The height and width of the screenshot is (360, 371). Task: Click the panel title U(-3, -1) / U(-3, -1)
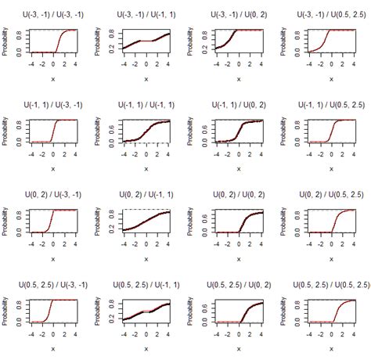pyautogui.click(x=52, y=15)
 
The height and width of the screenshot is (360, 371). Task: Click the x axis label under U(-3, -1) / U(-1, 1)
pyautogui.click(x=146, y=78)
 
